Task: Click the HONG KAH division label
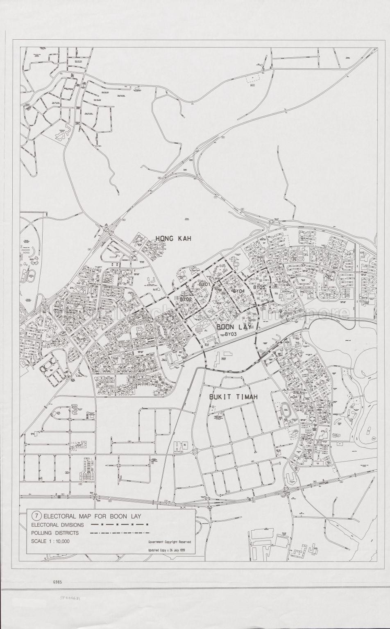[173, 238]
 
